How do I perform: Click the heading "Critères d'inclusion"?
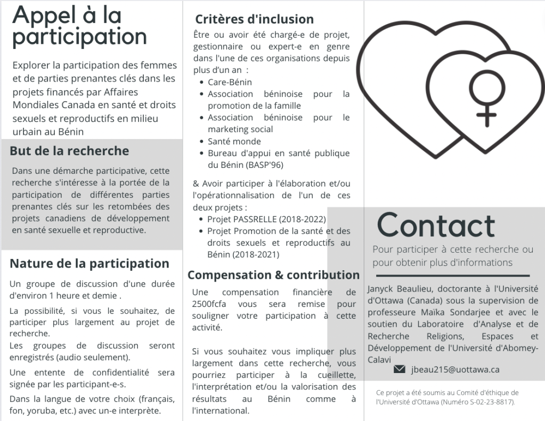tap(254, 20)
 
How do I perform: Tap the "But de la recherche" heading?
tap(69, 151)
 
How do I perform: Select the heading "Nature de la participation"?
tap(90, 263)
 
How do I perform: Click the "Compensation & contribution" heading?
tap(273, 275)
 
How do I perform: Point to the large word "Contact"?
tap(436, 225)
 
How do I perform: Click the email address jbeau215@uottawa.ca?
tap(455, 369)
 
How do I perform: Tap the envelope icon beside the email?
tap(399, 369)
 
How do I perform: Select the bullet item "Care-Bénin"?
tap(230, 83)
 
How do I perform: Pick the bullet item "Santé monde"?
tap(234, 141)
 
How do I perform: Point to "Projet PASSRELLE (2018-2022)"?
tap(266, 219)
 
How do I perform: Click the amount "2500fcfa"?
tap(208, 304)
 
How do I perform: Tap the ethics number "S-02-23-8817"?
tap(487, 401)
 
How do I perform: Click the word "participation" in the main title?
tap(79, 38)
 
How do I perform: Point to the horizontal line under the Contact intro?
tap(453, 276)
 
